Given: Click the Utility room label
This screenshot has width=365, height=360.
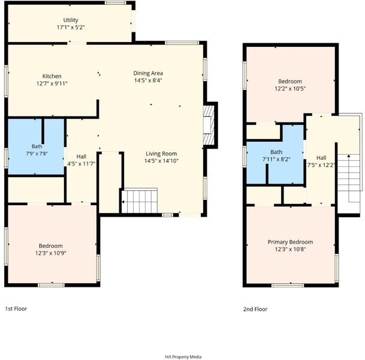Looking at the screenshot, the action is point(71,20).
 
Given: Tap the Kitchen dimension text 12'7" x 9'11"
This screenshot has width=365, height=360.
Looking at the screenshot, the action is point(52,83).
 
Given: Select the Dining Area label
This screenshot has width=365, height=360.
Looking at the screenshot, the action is point(148,73).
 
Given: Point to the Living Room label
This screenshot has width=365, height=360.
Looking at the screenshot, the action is point(161,154).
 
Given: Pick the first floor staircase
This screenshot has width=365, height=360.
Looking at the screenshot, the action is point(140,200).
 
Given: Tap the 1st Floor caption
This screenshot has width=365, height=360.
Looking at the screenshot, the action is point(16,309).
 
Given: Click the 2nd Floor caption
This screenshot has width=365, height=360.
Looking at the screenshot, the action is point(255,309).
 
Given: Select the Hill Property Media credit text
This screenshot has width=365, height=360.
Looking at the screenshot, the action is point(183,357).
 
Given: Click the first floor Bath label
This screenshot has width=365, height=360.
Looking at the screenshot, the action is point(37,146).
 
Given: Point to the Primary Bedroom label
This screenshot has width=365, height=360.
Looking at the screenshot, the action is point(290,242).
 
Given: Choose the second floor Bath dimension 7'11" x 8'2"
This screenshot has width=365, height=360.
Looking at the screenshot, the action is point(276,160).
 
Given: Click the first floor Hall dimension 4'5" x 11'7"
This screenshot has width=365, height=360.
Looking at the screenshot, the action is point(82,164).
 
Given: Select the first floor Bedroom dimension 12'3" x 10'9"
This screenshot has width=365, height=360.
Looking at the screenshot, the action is point(51,253).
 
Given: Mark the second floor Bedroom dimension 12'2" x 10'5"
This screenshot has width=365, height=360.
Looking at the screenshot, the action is point(290,89).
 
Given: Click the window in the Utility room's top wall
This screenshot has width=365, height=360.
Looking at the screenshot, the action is point(115,3).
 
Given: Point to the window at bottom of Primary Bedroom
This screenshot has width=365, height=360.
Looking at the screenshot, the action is point(288,285).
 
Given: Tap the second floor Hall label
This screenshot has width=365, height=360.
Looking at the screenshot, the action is point(321,158).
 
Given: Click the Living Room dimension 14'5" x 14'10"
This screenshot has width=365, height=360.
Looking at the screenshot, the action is point(161,161).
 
